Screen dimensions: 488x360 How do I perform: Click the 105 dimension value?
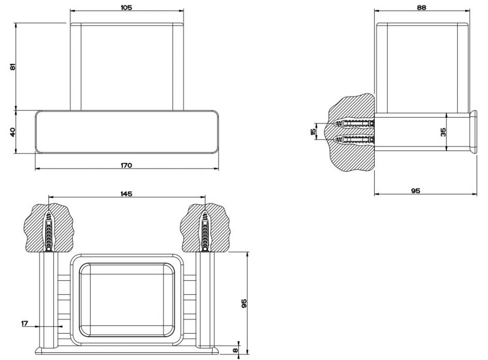pos(126,7)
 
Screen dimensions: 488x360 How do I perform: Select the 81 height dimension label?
pos(13,66)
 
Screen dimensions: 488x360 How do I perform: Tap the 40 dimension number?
pos(13,132)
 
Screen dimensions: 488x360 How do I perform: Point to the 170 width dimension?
pos(126,165)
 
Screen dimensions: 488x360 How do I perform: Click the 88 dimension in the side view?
pos(422,7)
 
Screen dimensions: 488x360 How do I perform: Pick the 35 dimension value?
pos(443,132)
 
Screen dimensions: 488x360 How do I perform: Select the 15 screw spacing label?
pos(314,131)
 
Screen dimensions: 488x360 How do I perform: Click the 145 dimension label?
pos(126,193)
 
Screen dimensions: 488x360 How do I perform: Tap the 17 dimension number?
pos(24,323)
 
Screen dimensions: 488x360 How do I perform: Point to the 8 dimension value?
pos(236,350)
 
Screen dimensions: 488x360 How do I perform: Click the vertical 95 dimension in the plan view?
pos(244,303)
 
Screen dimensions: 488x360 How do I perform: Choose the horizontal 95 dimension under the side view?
pos(415,190)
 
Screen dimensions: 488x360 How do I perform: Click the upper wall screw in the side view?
pos(355,123)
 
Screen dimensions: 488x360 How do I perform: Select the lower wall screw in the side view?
pos(355,140)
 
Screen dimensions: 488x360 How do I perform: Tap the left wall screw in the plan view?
pos(49,231)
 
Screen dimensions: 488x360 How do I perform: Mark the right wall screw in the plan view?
pos(205,231)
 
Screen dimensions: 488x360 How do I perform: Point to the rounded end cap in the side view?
pos(473,132)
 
